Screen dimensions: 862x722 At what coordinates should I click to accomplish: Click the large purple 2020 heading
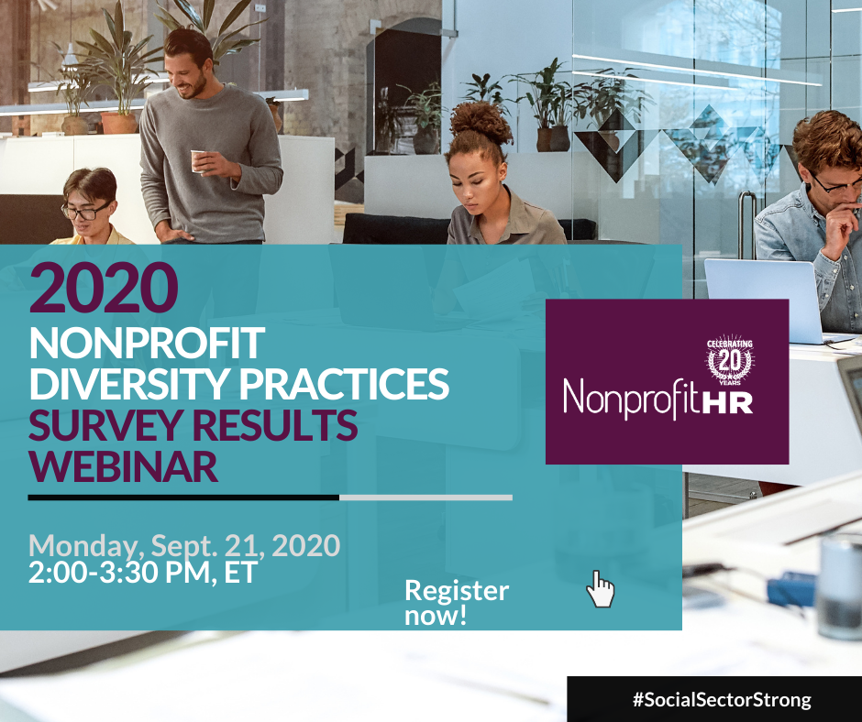[104, 288]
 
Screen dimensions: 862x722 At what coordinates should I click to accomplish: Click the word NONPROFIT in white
[148, 344]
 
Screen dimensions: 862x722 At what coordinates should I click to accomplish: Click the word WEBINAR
[124, 466]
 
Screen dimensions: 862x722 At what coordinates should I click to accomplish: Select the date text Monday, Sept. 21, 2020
[184, 546]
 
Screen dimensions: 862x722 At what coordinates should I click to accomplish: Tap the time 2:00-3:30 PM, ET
[143, 573]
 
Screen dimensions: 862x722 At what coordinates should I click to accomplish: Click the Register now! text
[457, 602]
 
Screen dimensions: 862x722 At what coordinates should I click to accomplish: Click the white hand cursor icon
[600, 589]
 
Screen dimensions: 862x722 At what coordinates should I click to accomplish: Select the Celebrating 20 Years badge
[730, 360]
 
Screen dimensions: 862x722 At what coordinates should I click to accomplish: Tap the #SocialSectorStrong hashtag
[722, 700]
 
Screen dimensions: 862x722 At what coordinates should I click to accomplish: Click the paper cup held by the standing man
[198, 161]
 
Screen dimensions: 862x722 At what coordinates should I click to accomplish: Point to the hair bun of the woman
[481, 121]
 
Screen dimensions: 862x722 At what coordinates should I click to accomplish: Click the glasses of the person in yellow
[86, 212]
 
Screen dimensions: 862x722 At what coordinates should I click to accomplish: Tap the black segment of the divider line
[183, 498]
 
